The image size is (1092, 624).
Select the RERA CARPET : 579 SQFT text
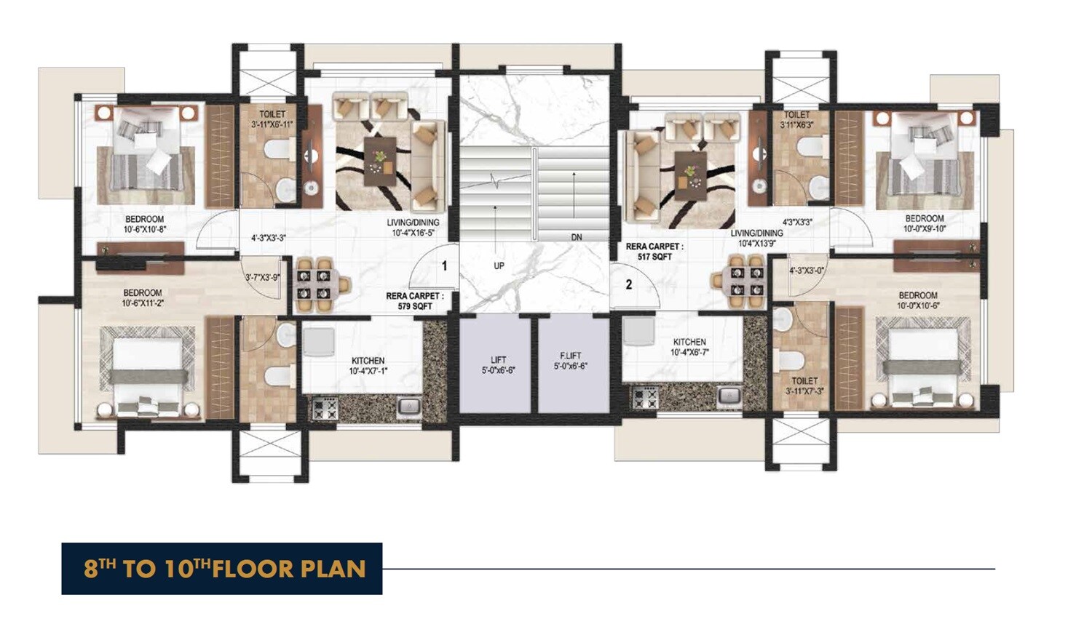click(x=414, y=301)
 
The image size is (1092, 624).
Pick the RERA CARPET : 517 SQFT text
click(x=654, y=252)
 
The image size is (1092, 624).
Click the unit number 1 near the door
click(x=445, y=266)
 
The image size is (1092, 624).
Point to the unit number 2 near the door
click(x=629, y=285)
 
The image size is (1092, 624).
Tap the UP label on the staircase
click(x=499, y=265)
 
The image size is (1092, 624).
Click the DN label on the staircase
click(x=576, y=237)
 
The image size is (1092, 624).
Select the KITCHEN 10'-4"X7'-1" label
click(x=368, y=366)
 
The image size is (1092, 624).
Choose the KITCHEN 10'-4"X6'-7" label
click(x=689, y=347)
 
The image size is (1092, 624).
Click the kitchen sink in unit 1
click(x=409, y=406)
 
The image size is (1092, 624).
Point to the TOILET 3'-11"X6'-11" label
click(x=272, y=119)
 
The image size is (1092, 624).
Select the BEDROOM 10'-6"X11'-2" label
click(x=143, y=298)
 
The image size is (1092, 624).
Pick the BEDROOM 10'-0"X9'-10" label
click(x=924, y=223)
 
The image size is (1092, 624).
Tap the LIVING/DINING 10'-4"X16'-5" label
click(x=413, y=228)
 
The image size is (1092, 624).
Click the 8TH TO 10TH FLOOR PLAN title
click(x=222, y=569)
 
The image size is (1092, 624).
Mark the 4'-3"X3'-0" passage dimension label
click(x=807, y=271)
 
